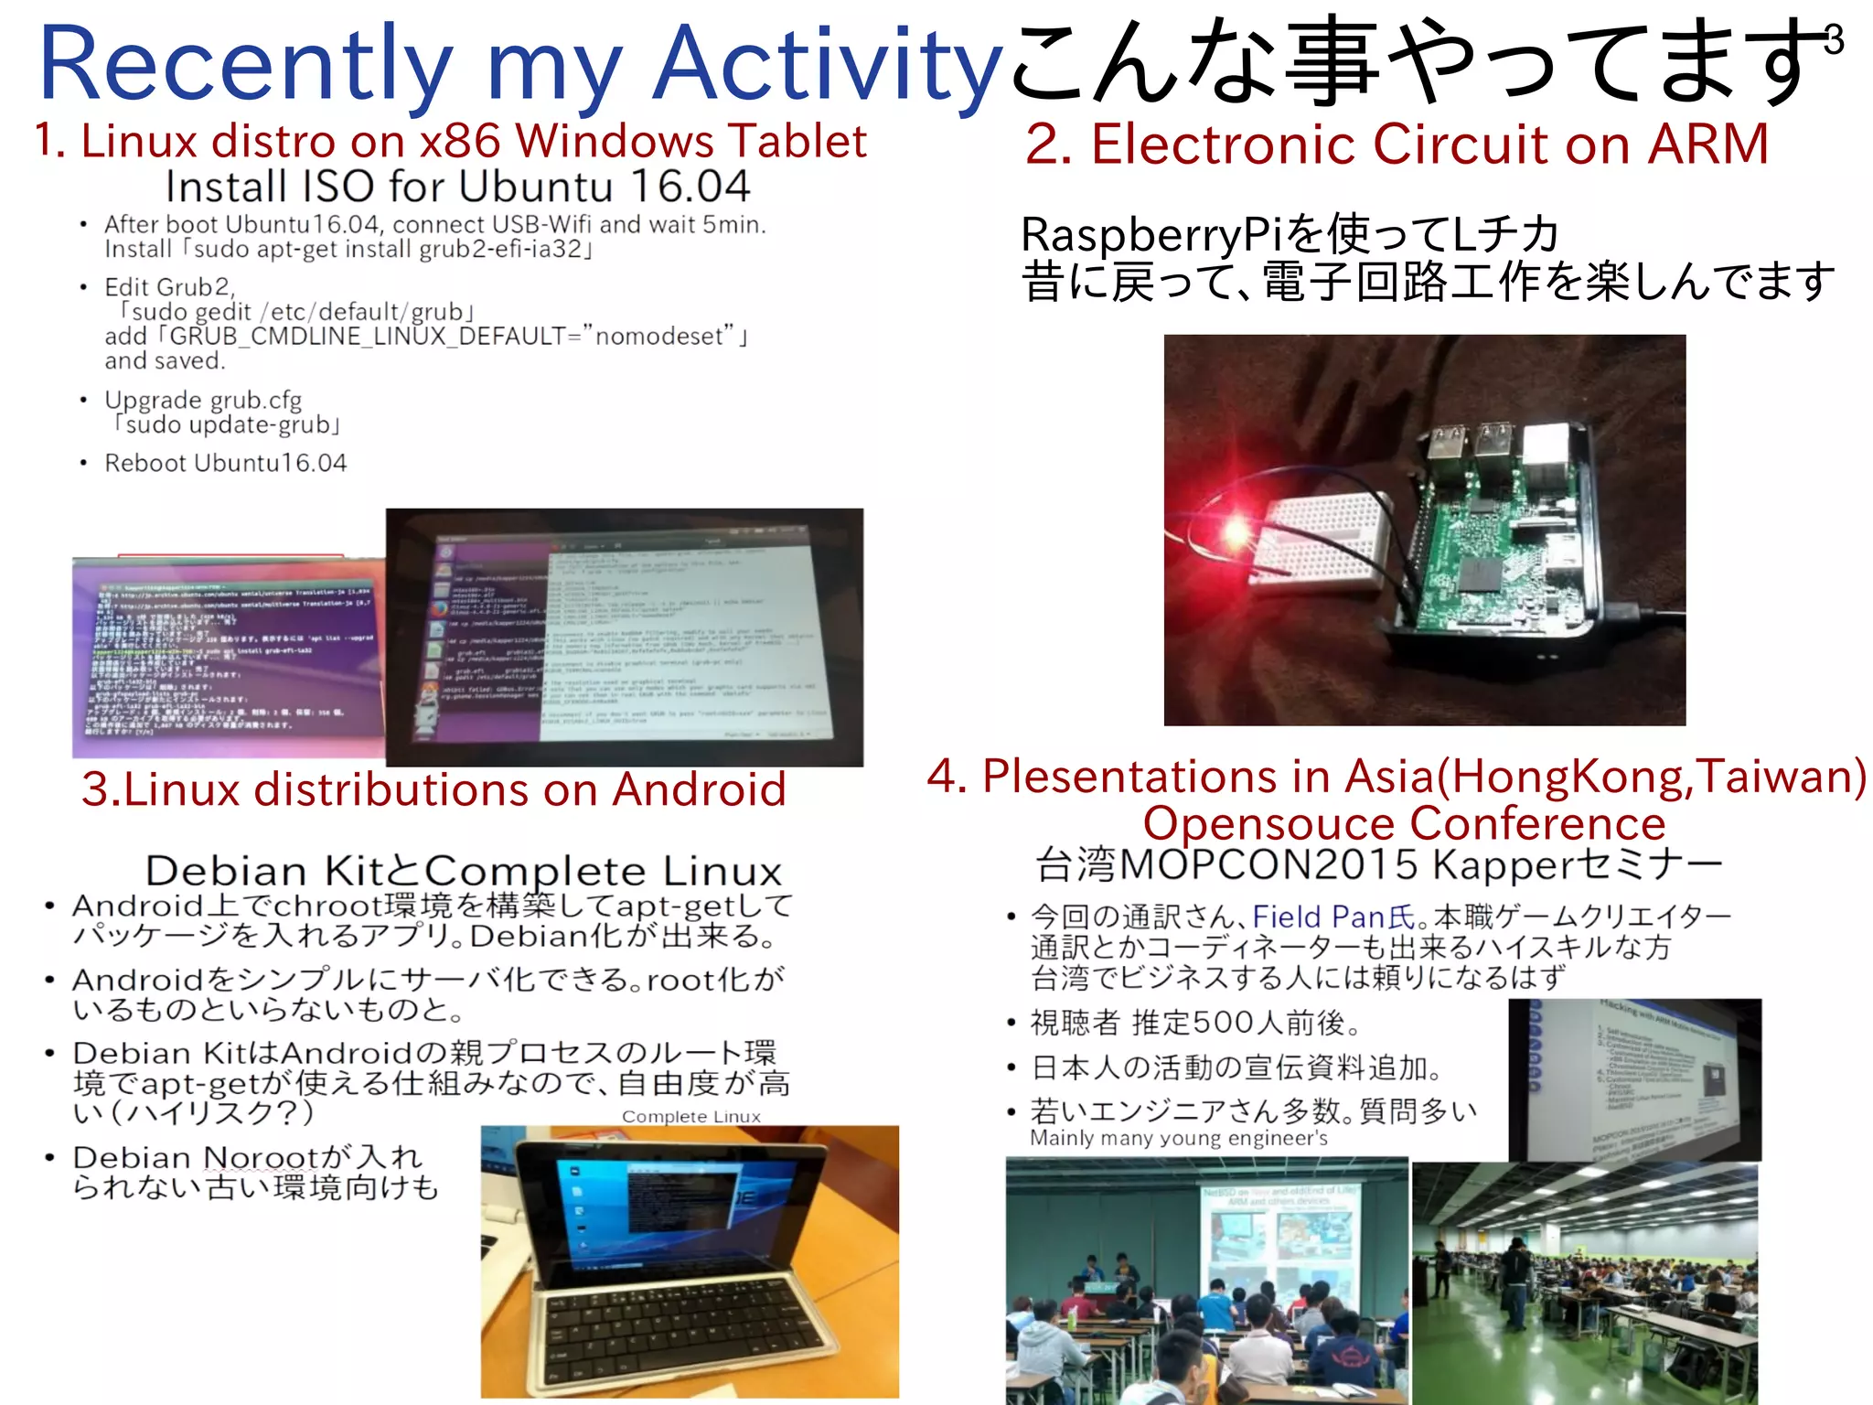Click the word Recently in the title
[245, 64]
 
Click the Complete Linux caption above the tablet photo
[690, 1117]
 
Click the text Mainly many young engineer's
[1178, 1139]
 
